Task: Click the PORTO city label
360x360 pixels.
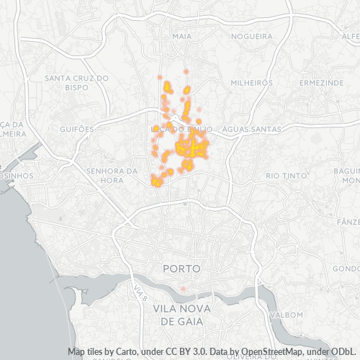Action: (181, 268)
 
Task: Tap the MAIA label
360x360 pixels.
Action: (181, 35)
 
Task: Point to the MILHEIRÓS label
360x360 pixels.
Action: (252, 83)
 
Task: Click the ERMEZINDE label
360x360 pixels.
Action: (322, 83)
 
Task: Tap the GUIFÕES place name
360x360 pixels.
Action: (79, 129)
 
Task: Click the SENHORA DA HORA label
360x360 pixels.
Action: (111, 175)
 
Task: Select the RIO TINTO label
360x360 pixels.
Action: (282, 175)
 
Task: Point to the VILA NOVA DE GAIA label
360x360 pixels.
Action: (184, 315)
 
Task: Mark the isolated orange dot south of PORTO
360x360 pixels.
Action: (183, 289)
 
